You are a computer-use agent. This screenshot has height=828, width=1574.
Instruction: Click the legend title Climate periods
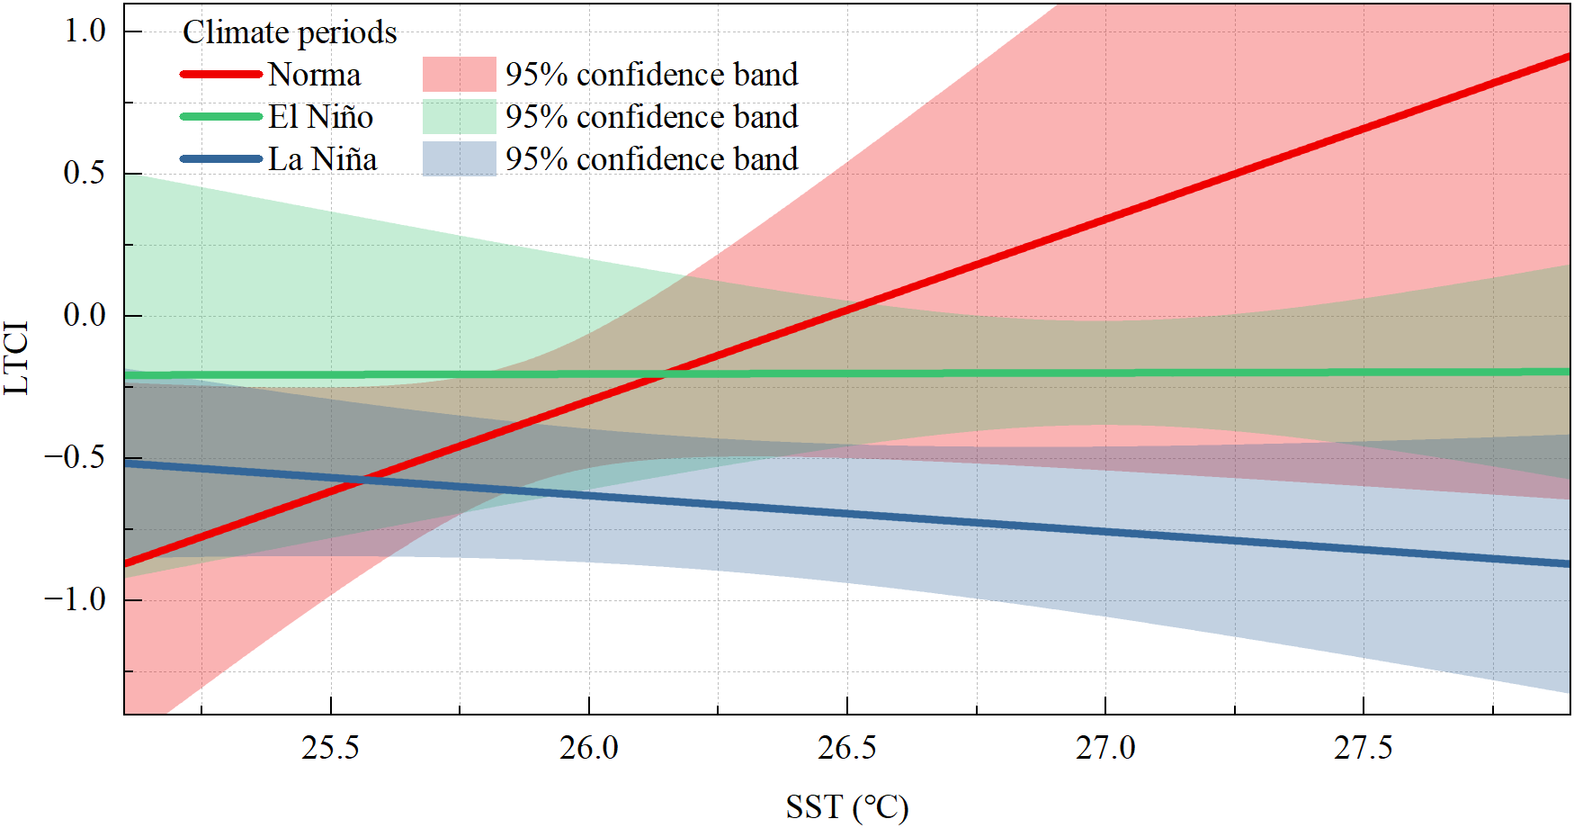290,32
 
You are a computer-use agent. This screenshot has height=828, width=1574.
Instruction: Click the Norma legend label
314,75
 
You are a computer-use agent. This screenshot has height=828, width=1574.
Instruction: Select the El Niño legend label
320,117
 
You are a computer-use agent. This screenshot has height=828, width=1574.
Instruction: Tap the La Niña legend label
322,159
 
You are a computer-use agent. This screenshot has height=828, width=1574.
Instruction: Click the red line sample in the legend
221,75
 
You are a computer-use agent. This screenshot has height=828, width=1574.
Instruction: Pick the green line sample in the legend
221,117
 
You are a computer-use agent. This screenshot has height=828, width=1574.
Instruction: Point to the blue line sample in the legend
221,159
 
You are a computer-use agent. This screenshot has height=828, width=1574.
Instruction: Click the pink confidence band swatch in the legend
459,75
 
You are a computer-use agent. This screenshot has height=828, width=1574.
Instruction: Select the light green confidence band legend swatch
459,117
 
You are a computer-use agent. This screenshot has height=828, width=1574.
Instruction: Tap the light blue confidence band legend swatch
459,159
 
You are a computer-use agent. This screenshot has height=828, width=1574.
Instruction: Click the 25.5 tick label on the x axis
330,748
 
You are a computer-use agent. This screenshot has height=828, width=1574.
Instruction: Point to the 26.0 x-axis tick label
588,748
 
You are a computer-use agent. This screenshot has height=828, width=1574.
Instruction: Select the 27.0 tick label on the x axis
1105,748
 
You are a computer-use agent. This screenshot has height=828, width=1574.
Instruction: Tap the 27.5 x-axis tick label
1363,748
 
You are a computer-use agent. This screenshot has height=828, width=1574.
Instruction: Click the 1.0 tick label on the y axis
85,31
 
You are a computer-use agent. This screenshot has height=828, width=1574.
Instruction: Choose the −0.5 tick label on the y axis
75,458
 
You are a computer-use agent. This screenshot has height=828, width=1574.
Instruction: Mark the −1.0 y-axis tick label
75,600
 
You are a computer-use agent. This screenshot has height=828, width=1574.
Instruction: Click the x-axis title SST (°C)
847,807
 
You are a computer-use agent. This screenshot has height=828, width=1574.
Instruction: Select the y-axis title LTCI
17,358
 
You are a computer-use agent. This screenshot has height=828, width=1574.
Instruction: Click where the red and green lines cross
664,374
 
